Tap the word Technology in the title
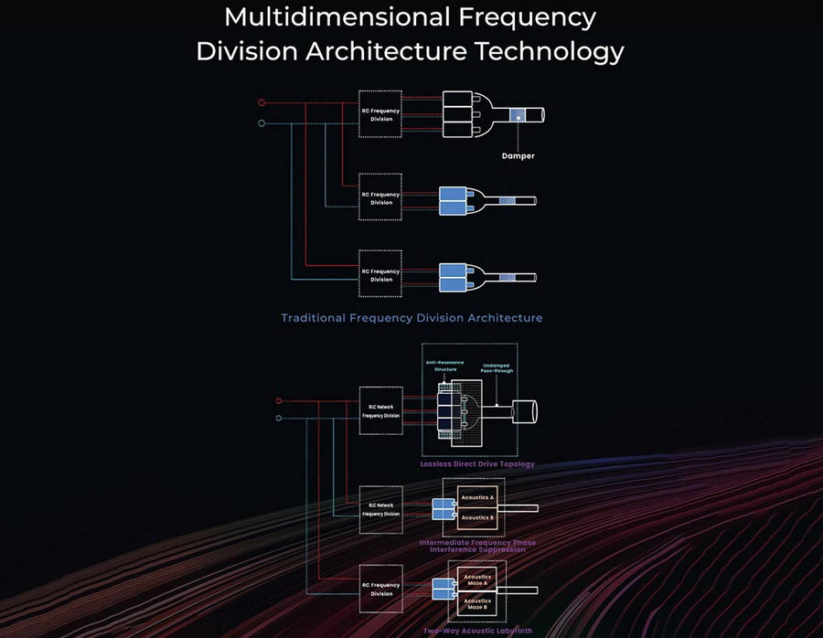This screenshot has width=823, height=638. [548, 51]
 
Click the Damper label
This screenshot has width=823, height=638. [518, 155]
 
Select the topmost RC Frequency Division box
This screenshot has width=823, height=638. [380, 114]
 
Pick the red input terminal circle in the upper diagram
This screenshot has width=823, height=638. [262, 102]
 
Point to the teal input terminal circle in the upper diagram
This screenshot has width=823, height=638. [262, 122]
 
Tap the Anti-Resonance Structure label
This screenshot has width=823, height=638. [445, 366]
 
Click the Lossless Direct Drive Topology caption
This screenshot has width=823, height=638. [477, 464]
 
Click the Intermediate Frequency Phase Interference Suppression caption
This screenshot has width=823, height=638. [477, 546]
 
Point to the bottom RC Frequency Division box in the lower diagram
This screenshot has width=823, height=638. [380, 590]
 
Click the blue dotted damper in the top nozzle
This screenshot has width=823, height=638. [518, 116]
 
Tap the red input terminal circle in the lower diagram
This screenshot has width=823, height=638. [279, 400]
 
